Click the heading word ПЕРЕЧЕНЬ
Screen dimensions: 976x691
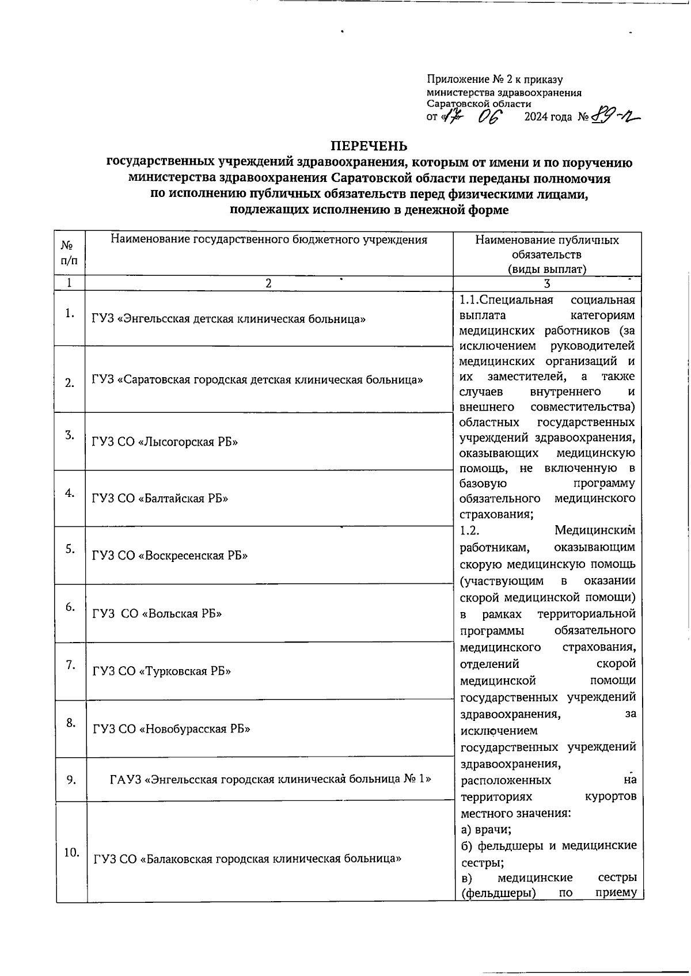coord(369,146)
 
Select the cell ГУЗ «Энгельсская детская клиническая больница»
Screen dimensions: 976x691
coord(229,319)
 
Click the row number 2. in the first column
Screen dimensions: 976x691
coord(70,383)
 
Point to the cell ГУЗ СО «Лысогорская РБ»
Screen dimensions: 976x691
coord(165,442)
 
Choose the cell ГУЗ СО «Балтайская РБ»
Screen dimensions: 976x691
coord(160,498)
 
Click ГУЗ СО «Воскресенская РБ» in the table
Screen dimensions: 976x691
coord(170,556)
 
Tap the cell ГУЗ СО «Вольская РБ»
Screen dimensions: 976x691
coord(157,613)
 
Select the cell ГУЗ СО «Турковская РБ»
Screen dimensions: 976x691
coord(162,671)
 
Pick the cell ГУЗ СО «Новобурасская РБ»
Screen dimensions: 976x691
coord(172,728)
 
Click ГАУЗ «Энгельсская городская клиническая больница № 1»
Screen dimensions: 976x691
coord(270,779)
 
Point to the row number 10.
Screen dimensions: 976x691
coord(71,853)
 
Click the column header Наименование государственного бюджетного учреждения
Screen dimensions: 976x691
coord(269,240)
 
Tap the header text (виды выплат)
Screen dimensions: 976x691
coord(546,269)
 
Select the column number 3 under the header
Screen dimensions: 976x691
coord(547,283)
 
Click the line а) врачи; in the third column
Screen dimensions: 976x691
coord(487,830)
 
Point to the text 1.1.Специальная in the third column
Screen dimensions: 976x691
coord(506,300)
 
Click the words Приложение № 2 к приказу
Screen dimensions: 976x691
coord(495,80)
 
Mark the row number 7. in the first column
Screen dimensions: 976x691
coord(70,665)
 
